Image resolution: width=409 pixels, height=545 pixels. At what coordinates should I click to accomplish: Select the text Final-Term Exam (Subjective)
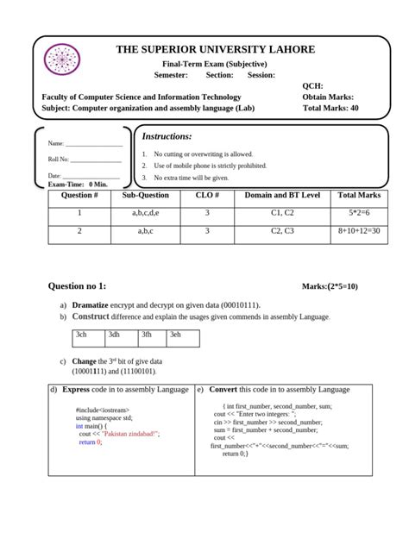point(215,65)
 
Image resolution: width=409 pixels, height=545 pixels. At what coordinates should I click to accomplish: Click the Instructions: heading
point(167,136)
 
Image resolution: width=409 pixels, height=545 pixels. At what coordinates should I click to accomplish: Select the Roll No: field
point(84,160)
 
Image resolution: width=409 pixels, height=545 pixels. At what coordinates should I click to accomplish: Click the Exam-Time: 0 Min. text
point(78,185)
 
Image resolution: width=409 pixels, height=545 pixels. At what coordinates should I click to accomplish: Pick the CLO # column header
point(208,196)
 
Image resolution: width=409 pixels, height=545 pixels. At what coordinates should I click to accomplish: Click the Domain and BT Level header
point(282,196)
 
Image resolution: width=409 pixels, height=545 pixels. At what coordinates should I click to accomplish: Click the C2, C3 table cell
point(282,232)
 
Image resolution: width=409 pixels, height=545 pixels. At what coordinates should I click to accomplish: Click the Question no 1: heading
point(78,285)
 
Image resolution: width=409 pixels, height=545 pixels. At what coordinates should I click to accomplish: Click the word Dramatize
point(90,305)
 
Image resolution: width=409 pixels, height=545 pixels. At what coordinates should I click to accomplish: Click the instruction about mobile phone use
point(198,166)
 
